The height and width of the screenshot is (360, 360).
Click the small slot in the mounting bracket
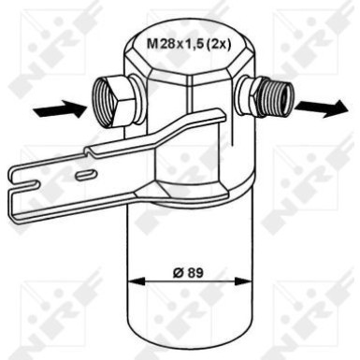pyautogui.click(x=85, y=175)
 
